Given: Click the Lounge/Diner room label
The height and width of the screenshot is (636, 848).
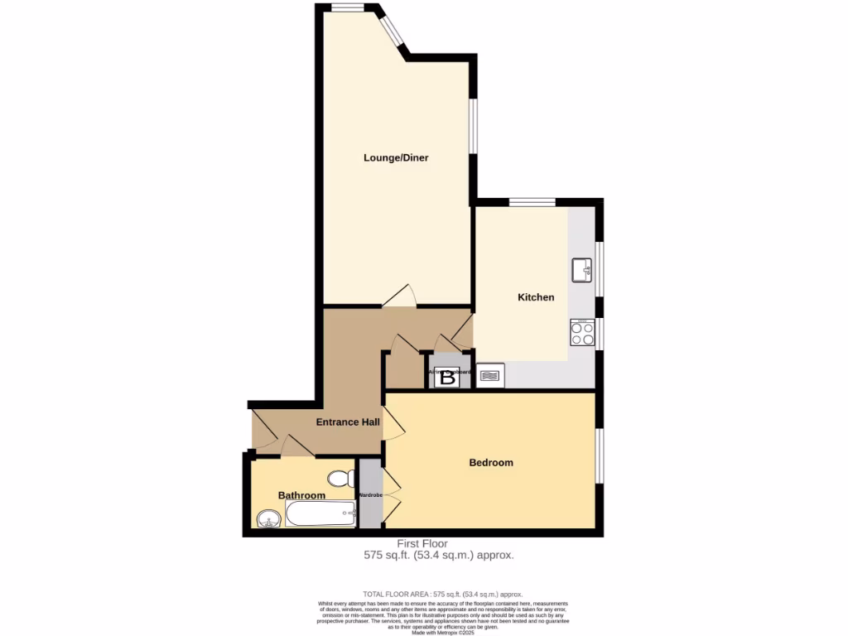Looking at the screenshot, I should (x=396, y=157).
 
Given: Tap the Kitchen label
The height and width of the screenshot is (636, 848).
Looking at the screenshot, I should (x=536, y=297).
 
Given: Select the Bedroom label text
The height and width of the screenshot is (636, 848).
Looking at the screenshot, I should (x=491, y=462).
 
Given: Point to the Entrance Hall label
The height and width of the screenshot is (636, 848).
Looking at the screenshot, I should (x=348, y=422).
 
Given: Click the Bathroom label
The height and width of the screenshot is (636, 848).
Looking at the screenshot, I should (x=301, y=495).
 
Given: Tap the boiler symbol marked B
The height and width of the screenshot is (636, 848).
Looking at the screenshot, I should (x=447, y=378).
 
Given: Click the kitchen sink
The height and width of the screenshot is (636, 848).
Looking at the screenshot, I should (x=581, y=269).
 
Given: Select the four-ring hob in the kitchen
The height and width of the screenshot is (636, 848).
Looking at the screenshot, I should (x=582, y=333).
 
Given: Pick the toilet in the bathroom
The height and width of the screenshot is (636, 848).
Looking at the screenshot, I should (x=339, y=479).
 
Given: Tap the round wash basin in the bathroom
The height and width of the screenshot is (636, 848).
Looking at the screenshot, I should (x=267, y=520).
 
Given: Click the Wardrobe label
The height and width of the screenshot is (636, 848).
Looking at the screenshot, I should (x=369, y=495).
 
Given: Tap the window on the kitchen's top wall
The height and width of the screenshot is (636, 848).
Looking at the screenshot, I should (x=532, y=201).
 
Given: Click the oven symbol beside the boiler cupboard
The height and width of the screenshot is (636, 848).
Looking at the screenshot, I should (x=490, y=376).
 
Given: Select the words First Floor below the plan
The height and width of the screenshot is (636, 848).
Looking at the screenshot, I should (x=422, y=543).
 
